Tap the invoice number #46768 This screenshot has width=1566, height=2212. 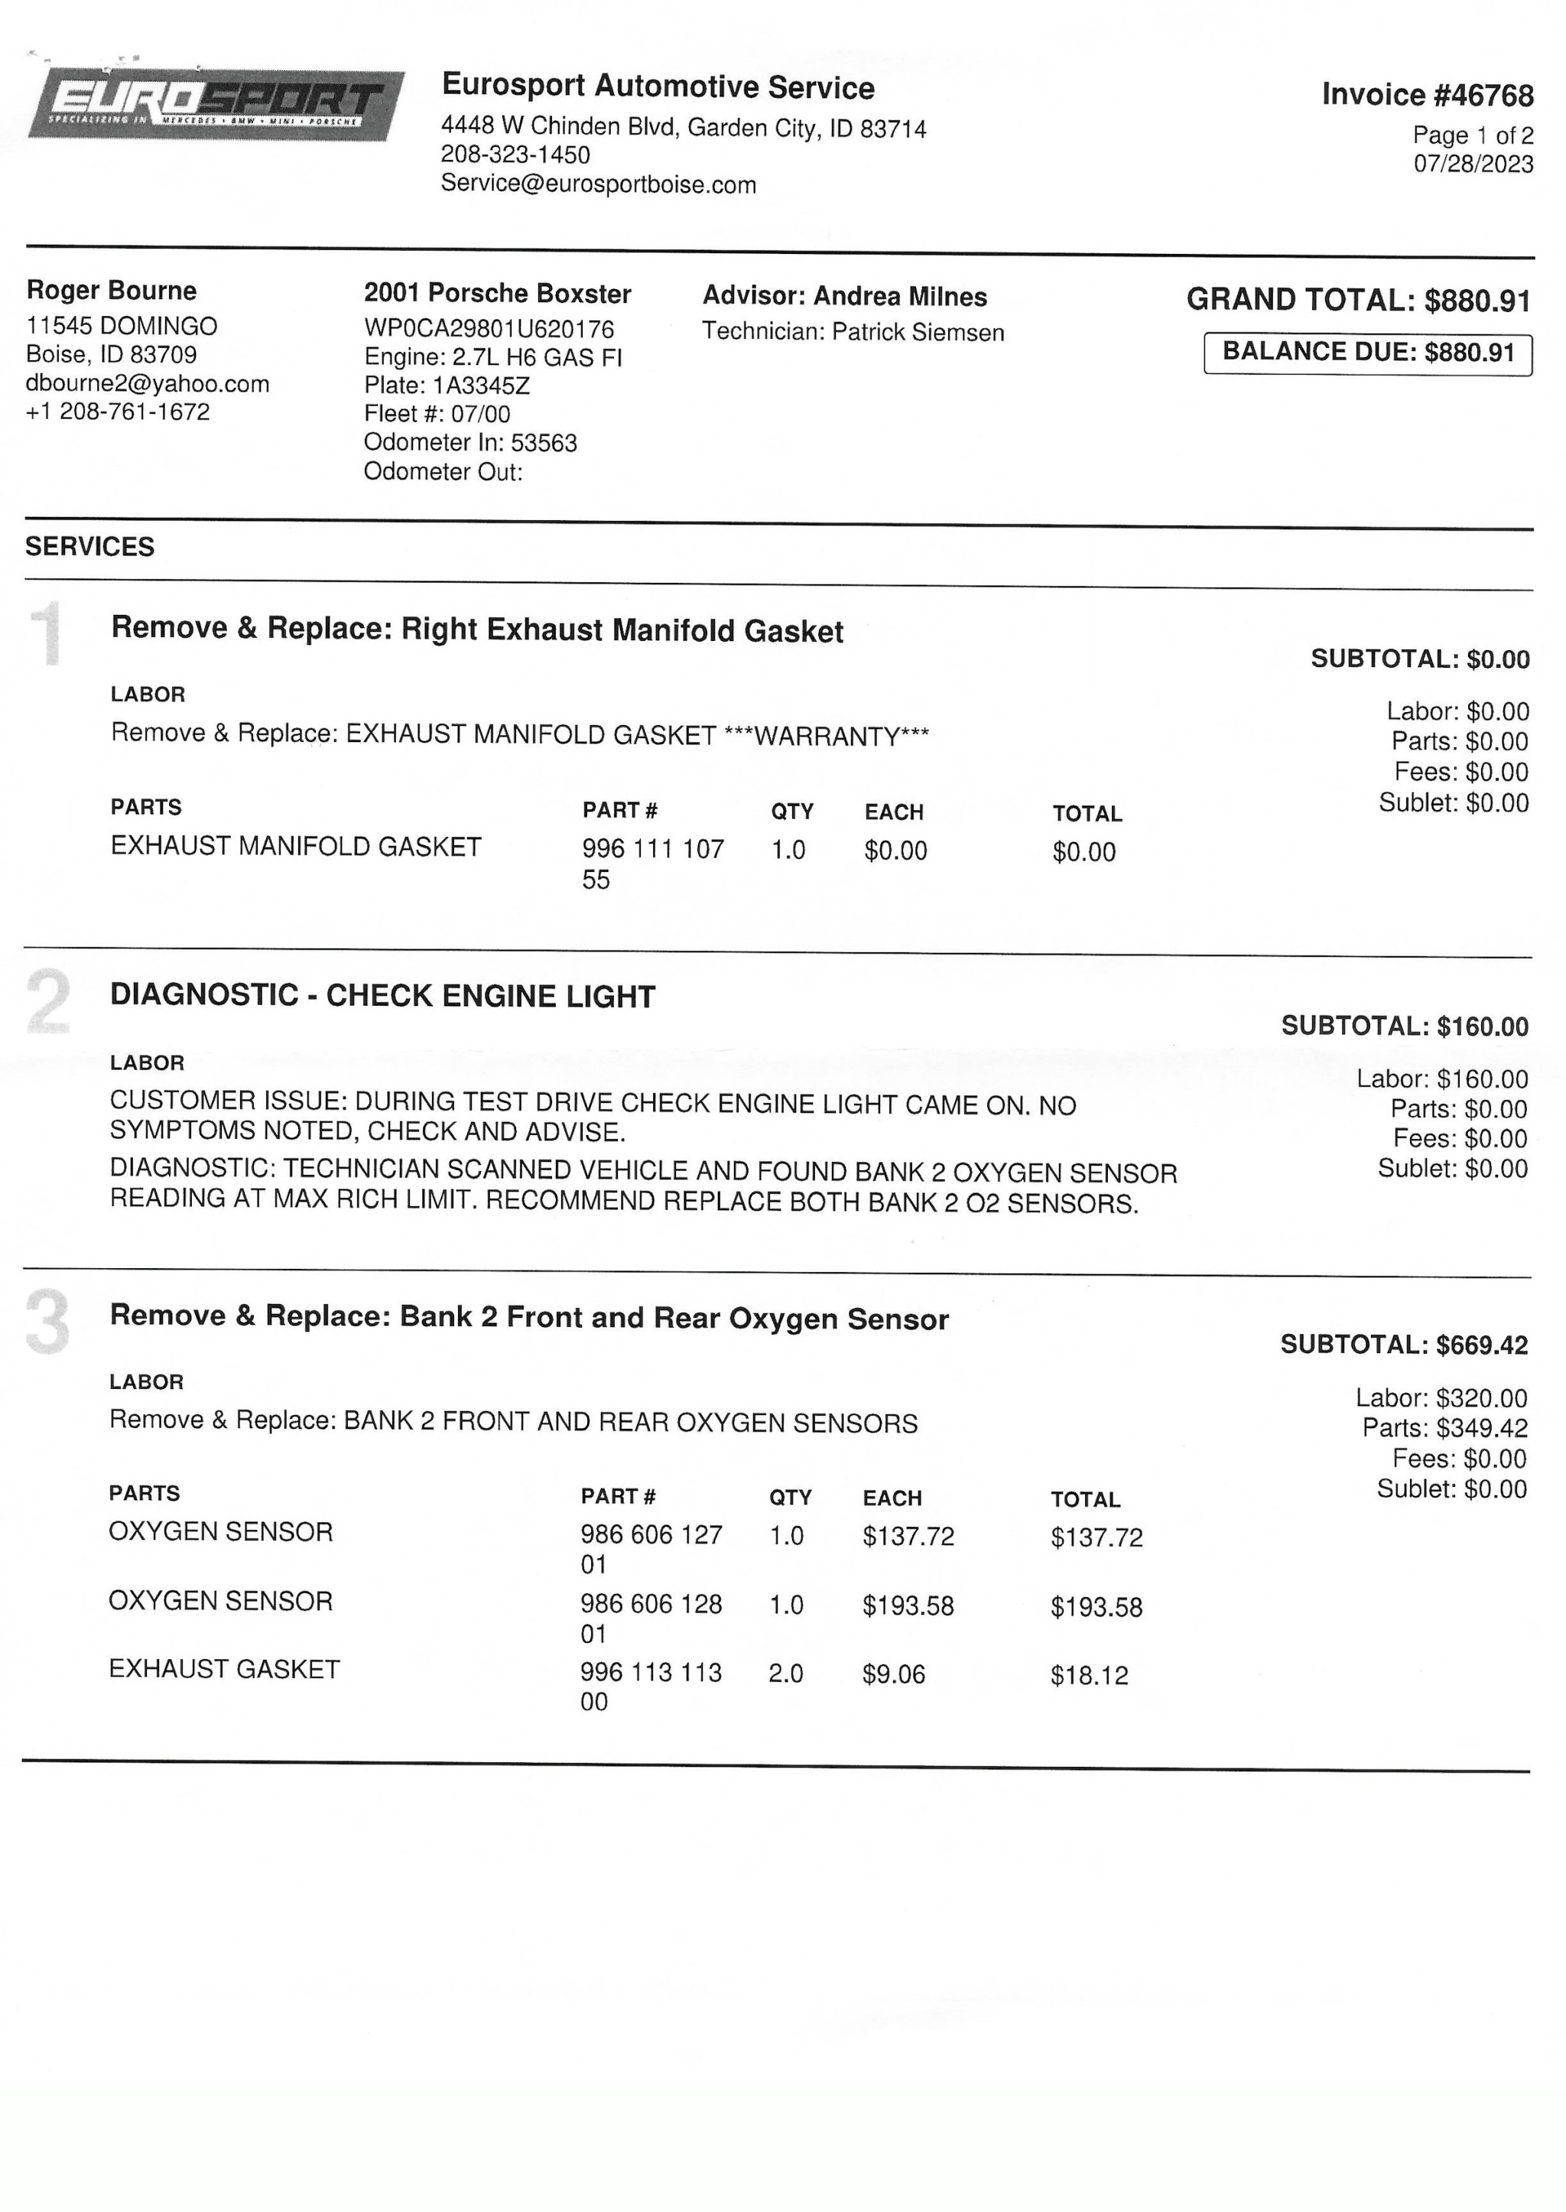[1427, 95]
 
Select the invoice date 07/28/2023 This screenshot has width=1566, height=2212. [1473, 164]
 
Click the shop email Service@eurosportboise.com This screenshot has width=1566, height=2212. [598, 184]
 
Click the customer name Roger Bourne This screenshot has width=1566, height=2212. [111, 291]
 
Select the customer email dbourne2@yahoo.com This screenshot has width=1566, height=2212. [148, 384]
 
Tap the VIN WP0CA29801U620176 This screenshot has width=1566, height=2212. [489, 329]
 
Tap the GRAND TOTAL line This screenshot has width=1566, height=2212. [1358, 300]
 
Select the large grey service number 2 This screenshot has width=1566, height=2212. [48, 1002]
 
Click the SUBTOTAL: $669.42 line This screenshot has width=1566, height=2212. [1403, 1344]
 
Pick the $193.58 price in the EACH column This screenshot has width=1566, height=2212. [908, 1606]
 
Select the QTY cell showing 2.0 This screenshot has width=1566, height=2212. [785, 1674]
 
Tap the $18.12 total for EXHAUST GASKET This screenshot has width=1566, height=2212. [1089, 1676]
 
